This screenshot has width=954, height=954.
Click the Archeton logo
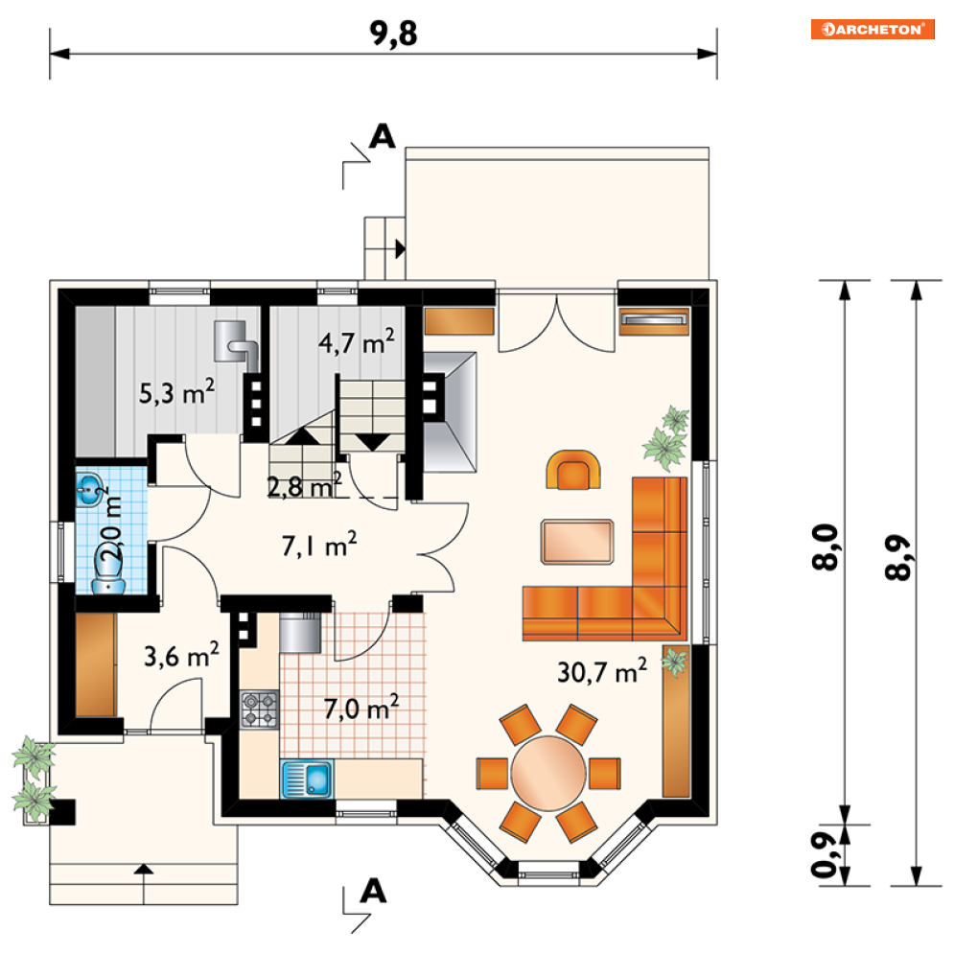click(x=873, y=29)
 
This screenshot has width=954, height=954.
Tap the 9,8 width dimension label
click(x=394, y=34)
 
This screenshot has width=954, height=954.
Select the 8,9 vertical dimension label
click(x=899, y=557)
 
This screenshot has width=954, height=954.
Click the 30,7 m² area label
click(x=602, y=670)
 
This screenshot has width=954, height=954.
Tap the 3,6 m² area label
click(x=181, y=655)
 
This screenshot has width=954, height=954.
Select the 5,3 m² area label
click(x=177, y=392)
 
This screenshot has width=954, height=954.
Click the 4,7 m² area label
click(x=357, y=341)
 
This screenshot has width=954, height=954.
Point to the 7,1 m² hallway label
click(x=319, y=545)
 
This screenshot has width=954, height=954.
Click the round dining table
click(x=548, y=774)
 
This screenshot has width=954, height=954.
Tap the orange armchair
click(x=573, y=470)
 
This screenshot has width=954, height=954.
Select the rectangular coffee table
click(x=577, y=542)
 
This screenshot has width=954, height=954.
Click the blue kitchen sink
click(x=307, y=779)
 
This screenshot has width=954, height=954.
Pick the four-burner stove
click(x=259, y=710)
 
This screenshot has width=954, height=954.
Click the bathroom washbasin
click(x=90, y=488)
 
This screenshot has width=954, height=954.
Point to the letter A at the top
click(x=383, y=136)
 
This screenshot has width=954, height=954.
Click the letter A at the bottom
click(x=373, y=892)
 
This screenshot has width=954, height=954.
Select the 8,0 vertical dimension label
click(x=826, y=547)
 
